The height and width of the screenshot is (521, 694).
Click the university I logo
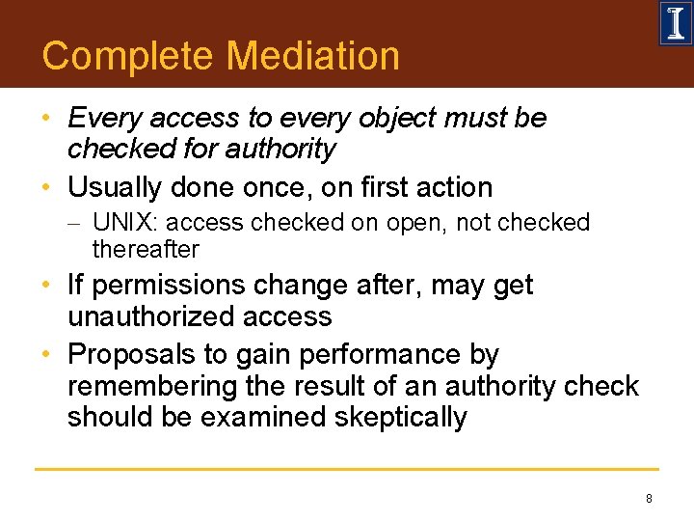tap(675, 23)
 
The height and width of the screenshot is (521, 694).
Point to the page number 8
tap(649, 499)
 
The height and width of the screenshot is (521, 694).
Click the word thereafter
tap(146, 249)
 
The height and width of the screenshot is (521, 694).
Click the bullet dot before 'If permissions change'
tap(47, 286)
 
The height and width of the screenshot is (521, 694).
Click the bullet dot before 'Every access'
tap(47, 118)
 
